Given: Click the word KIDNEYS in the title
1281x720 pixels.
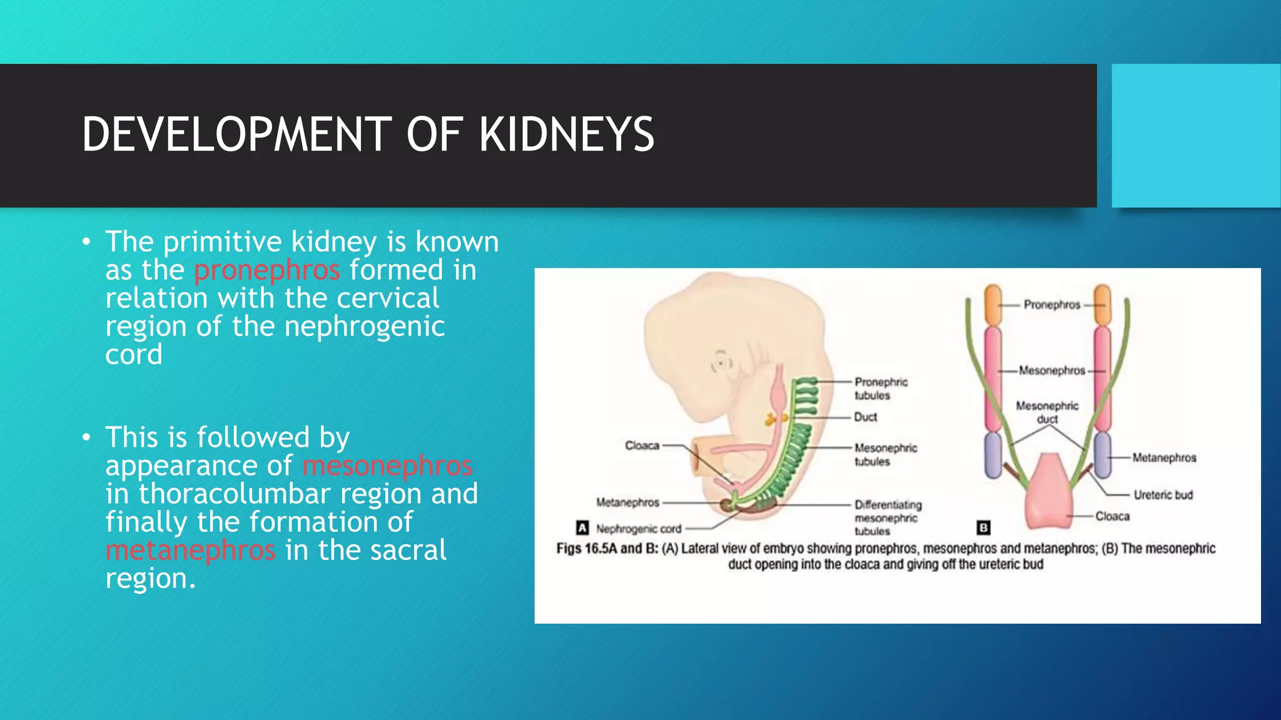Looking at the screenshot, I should (567, 134).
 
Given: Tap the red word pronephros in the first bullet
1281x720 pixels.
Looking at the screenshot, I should (266, 270).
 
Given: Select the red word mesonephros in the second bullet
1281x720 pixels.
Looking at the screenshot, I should (387, 466).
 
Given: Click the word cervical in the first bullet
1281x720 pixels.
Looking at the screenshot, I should (388, 298).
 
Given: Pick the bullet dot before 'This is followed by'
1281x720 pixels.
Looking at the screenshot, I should (86, 437).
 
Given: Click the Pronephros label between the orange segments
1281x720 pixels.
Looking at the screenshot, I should (1051, 305).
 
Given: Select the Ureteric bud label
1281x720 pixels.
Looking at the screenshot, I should (1163, 495).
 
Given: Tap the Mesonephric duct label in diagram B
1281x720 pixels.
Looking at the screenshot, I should (1047, 412).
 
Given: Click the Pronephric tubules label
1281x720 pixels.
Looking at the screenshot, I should (880, 389).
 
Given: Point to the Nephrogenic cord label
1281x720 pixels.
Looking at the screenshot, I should (638, 529).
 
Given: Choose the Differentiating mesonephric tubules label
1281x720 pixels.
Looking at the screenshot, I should (888, 517).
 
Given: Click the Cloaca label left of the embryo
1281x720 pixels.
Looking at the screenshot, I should (642, 446).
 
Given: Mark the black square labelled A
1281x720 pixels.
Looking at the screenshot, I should (582, 528).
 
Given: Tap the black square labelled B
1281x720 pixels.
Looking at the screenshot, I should (983, 528).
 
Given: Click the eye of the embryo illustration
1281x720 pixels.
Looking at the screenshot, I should (721, 362).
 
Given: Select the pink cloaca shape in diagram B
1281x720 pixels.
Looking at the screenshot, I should (1049, 494).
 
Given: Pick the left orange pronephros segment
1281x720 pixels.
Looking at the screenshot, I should (993, 304).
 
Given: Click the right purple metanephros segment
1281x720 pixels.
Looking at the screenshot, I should (1102, 455).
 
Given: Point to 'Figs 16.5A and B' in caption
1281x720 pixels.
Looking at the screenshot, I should (607, 549).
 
